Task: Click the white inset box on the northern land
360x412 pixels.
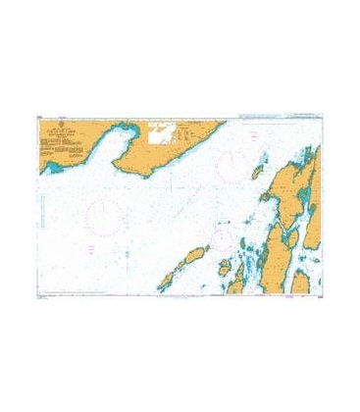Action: click(x=163, y=132)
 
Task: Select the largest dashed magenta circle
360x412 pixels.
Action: click(x=106, y=212)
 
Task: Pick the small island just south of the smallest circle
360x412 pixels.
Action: click(x=227, y=267)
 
